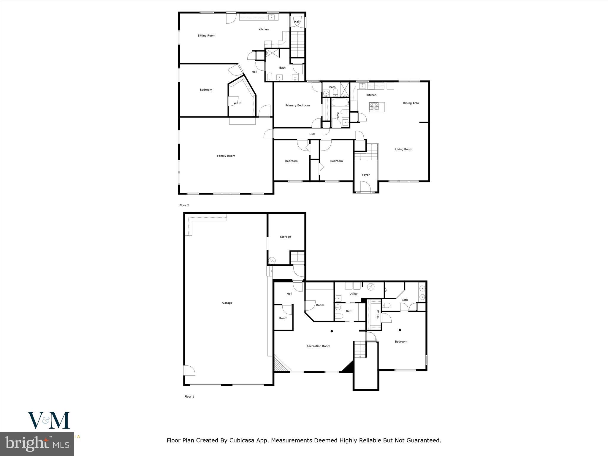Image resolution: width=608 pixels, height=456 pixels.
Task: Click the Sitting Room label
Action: click(206, 36)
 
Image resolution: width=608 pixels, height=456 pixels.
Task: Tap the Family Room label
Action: click(226, 156)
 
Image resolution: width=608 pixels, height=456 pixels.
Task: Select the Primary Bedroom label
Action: click(297, 105)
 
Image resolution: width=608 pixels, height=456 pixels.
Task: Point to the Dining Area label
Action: click(411, 103)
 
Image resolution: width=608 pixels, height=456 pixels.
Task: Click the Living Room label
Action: click(403, 149)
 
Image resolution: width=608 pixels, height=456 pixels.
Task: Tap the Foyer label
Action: click(366, 175)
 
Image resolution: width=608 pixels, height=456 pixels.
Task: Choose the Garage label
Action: click(227, 303)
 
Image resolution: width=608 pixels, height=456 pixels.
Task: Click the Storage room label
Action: click(285, 237)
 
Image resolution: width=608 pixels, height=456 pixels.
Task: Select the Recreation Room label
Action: click(318, 346)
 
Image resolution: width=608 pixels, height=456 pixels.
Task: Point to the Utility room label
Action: click(353, 294)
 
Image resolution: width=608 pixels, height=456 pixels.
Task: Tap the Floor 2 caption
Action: click(184, 205)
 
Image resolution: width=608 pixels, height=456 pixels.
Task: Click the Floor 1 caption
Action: click(189, 397)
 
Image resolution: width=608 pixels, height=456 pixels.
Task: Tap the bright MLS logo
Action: click(37, 444)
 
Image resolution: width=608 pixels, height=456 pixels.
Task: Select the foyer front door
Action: click(365, 187)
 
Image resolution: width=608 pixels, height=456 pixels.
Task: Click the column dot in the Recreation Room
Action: click(332, 331)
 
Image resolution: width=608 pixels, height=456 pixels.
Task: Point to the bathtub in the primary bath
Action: click(340, 103)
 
